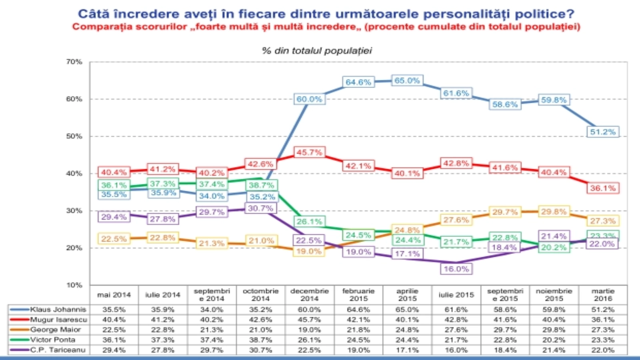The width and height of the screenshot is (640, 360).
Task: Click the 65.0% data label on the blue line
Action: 407,81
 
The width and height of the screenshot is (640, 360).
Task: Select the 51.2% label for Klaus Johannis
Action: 603,132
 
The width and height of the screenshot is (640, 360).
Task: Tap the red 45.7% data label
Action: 309,152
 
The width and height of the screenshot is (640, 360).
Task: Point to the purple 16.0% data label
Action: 456,269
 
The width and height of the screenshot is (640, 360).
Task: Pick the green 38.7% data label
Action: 262,185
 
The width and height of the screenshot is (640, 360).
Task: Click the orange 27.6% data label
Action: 456,220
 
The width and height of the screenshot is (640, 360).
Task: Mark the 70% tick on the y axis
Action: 74,62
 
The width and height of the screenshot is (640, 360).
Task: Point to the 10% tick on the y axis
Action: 74,285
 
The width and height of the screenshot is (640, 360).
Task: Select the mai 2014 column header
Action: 114,295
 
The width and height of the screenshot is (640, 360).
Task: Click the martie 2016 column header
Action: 603,295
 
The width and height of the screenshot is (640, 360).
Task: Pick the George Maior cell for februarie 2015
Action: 358,330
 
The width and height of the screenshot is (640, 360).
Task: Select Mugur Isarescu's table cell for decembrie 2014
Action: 309,320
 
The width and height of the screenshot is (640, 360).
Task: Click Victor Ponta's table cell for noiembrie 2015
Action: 554,340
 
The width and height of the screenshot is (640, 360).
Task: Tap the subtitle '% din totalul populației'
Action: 317,51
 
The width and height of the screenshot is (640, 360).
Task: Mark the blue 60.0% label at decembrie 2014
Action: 309,99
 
